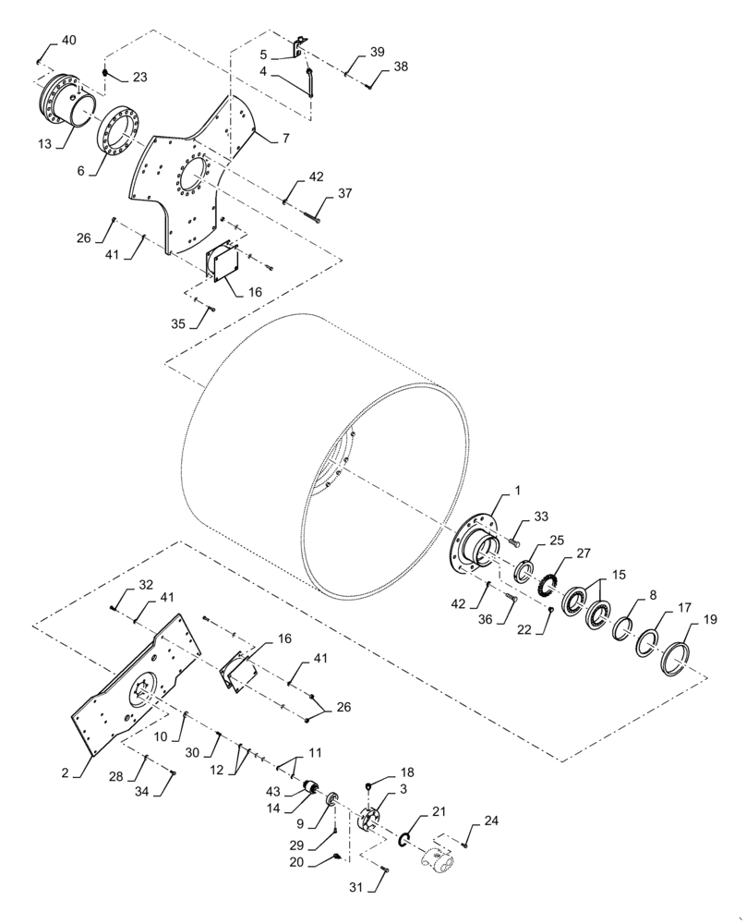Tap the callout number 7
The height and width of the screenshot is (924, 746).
[x=286, y=138]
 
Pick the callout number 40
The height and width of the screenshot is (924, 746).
[x=69, y=40]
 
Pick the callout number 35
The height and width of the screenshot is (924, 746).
[x=179, y=325]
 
